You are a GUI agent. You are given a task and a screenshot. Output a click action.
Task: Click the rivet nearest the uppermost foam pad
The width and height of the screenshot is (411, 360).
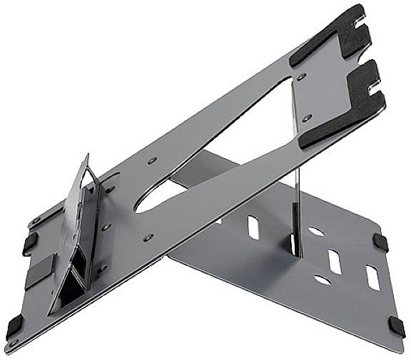coord(302,75)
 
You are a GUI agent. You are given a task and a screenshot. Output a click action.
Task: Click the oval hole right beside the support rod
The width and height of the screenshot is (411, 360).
coord(314,230)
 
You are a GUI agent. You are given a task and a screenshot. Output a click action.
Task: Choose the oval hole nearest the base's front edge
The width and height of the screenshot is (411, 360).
coord(323,280)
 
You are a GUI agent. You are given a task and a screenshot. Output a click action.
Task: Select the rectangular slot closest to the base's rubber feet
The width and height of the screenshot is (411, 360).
coord(372,277)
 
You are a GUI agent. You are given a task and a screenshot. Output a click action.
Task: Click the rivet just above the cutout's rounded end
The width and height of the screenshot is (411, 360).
coord(152,161)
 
